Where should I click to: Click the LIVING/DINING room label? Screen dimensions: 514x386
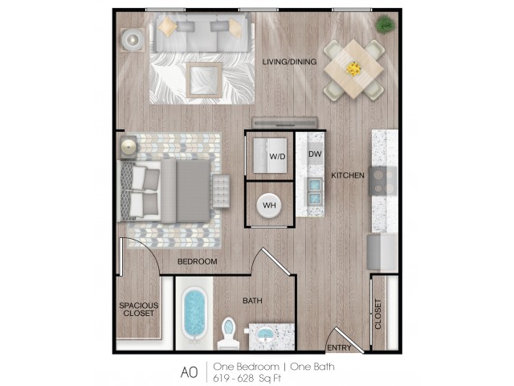point(289,62)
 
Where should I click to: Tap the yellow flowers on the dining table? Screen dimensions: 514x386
point(353,69)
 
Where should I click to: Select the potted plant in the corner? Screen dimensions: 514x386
point(385,24)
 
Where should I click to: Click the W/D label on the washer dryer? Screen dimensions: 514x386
point(277,157)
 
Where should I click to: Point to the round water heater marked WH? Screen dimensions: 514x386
point(269,206)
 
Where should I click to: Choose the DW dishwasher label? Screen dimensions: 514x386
point(315,154)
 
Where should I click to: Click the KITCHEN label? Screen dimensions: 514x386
point(348,175)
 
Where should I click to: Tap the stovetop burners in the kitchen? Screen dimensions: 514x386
point(383,181)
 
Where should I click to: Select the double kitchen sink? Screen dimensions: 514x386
point(315,191)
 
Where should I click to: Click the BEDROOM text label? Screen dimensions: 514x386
point(198,261)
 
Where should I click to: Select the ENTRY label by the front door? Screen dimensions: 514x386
point(339,347)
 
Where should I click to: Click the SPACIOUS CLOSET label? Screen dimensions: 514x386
point(139,309)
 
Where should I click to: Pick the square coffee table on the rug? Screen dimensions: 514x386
point(204,80)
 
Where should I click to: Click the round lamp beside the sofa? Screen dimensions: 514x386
point(133,40)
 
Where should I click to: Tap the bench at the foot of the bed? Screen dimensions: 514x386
point(221,191)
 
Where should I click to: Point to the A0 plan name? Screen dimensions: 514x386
point(190,372)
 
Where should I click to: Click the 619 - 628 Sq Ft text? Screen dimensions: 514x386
point(247,378)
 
